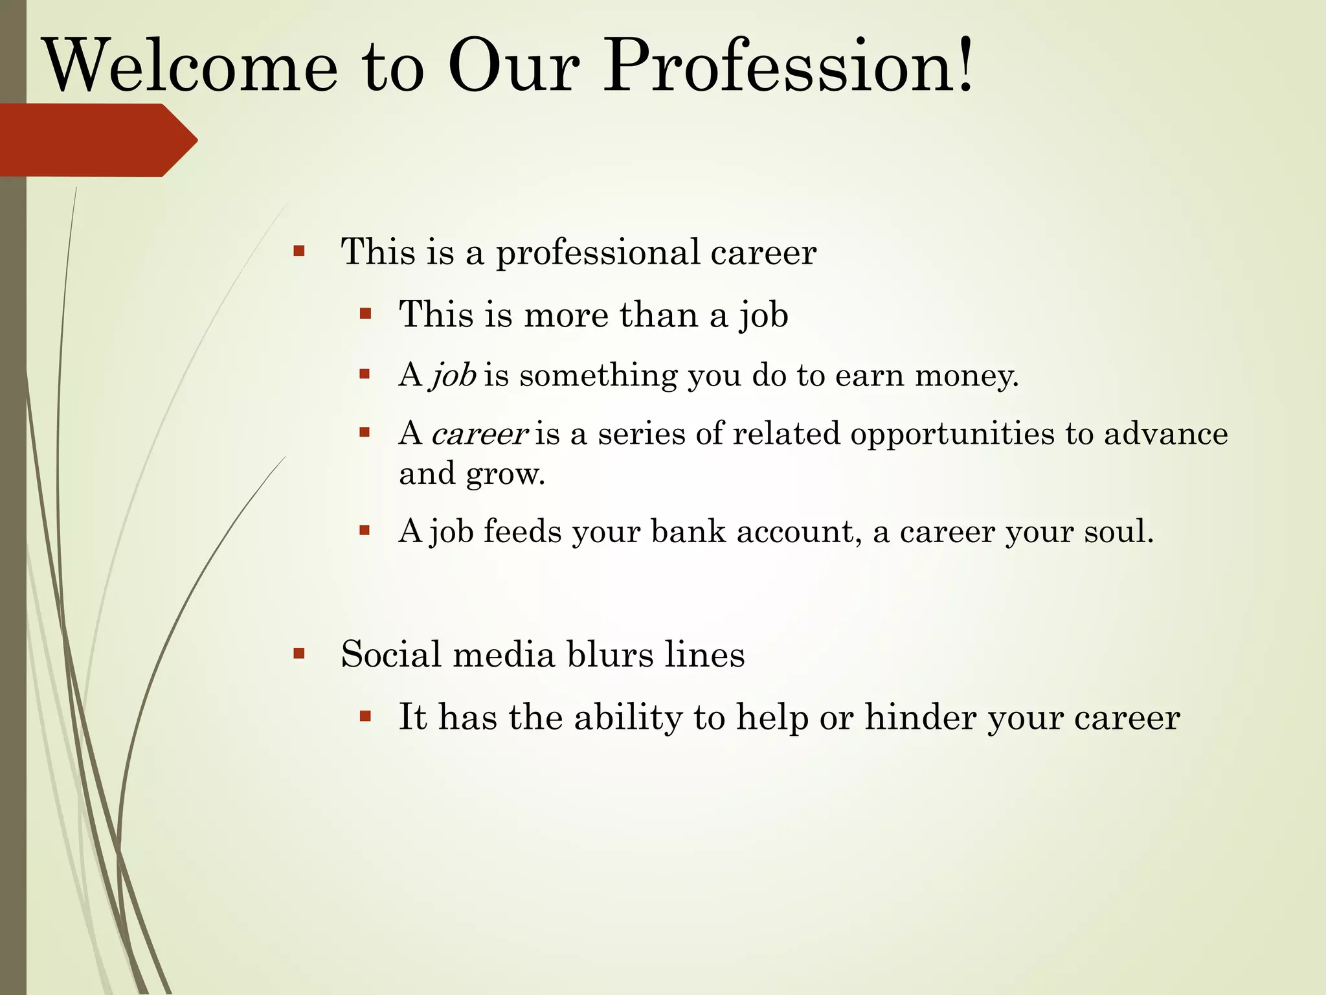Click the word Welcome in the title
pyautogui.click(x=192, y=67)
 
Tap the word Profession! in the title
pyautogui.click(x=788, y=67)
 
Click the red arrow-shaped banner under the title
pyautogui.click(x=97, y=140)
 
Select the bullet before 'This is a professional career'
pyautogui.click(x=298, y=251)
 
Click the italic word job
pyautogui.click(x=454, y=376)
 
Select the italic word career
pyautogui.click(x=479, y=434)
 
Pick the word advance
pyautogui.click(x=1165, y=434)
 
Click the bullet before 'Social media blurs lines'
pyautogui.click(x=298, y=653)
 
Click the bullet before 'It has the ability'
pyautogui.click(x=365, y=716)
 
